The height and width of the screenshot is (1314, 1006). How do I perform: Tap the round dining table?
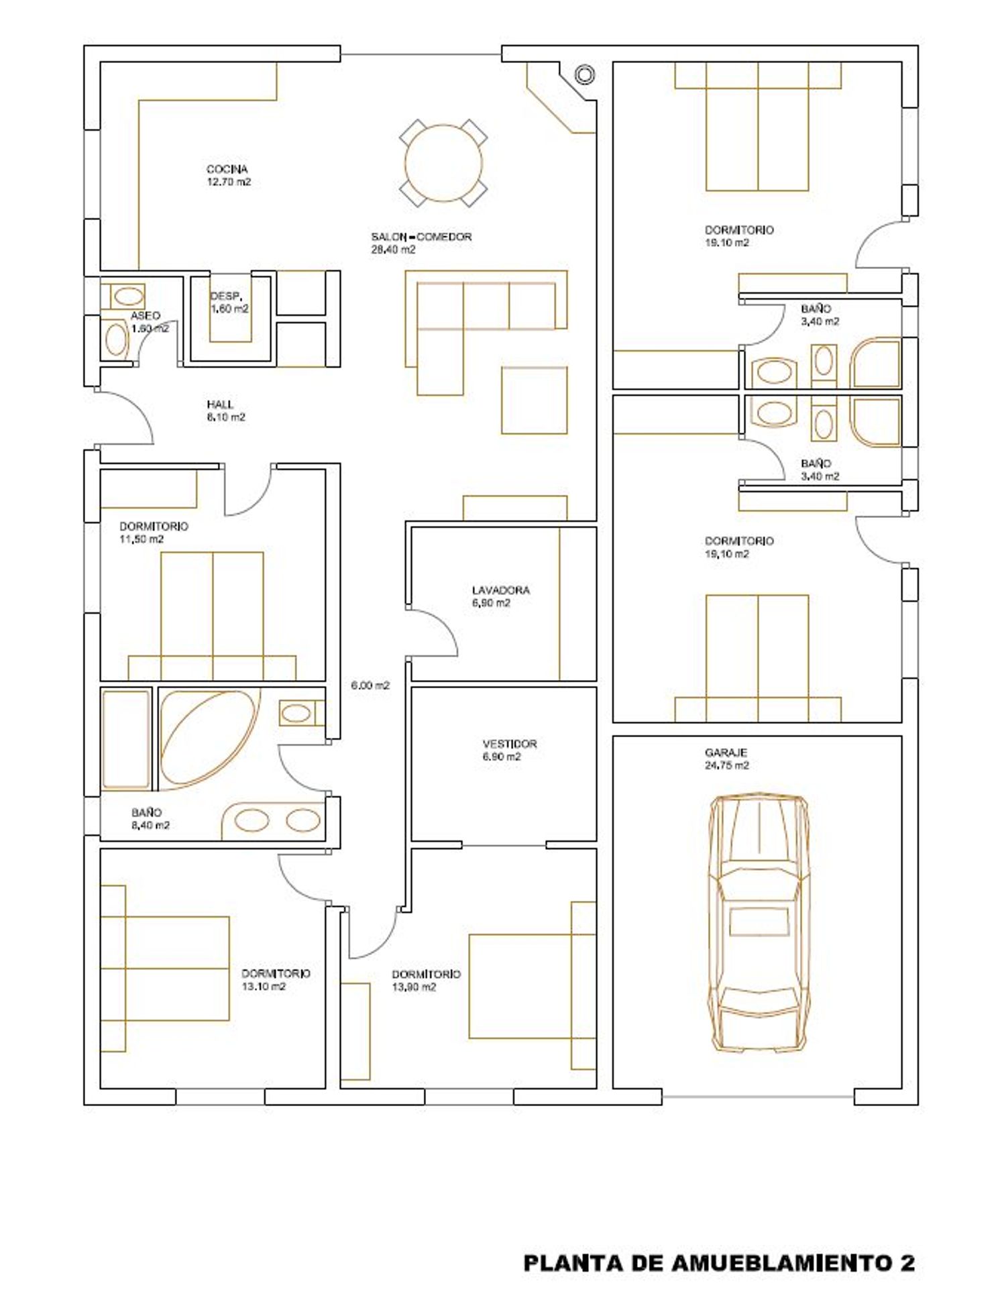[x=443, y=163]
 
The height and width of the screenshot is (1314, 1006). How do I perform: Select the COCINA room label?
[x=227, y=169]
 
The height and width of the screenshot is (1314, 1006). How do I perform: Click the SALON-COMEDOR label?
[x=421, y=237]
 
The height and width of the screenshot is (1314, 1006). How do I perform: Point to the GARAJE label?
[x=726, y=753]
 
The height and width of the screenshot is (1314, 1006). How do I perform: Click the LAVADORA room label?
[x=501, y=590]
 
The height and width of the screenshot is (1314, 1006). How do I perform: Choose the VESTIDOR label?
[x=510, y=744]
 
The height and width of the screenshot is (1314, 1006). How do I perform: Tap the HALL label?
[x=220, y=404]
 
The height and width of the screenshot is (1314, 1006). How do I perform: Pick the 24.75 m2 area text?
[x=727, y=765]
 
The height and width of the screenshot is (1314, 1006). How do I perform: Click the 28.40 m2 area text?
[x=393, y=250]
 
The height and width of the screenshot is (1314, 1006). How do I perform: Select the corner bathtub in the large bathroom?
[x=210, y=738]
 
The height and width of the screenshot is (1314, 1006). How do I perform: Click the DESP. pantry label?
[x=226, y=296]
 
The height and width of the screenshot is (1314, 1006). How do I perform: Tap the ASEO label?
[x=146, y=315]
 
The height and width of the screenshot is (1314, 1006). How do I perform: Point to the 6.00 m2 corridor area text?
[x=370, y=686]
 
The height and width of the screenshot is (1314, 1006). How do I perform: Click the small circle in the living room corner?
[x=585, y=74]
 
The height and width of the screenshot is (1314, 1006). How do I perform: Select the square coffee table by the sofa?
[x=535, y=400]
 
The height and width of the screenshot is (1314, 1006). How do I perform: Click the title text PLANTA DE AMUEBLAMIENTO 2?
[x=719, y=1263]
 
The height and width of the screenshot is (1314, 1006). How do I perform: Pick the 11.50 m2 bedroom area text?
[x=142, y=539]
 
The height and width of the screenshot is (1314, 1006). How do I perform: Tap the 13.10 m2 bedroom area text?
[x=264, y=987]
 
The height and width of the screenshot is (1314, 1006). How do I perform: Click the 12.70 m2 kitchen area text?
[x=229, y=182]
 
